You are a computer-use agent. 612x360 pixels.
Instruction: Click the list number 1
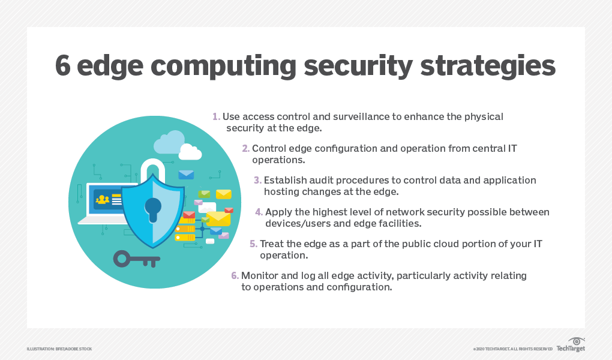point(216,116)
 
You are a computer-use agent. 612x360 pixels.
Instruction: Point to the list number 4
point(259,212)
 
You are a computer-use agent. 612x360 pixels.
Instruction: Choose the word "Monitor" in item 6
point(259,275)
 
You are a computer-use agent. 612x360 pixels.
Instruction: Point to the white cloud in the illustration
point(190,153)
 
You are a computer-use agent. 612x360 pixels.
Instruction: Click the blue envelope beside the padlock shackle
point(186,175)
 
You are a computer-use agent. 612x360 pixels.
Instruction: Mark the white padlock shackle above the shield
point(152,168)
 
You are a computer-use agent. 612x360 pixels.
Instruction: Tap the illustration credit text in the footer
point(59,349)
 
